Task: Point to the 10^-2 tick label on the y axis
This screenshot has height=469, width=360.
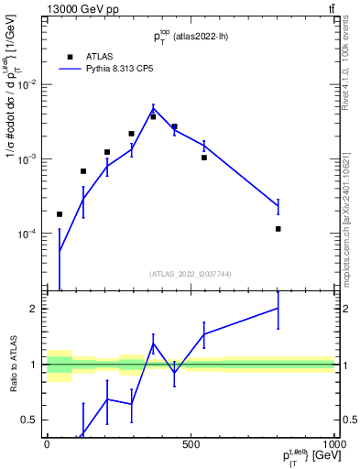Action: [x=27, y=84]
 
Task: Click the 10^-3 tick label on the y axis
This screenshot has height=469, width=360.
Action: [x=27, y=158]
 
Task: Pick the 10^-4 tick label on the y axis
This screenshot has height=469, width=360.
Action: [x=27, y=234]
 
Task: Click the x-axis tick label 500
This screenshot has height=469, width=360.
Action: [x=191, y=444]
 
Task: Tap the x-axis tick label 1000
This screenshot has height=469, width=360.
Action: [x=332, y=444]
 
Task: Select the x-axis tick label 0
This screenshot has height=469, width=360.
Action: [x=46, y=444]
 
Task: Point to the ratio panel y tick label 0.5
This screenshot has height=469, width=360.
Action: [x=30, y=420]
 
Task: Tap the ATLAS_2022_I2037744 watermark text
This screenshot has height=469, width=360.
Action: [x=189, y=274]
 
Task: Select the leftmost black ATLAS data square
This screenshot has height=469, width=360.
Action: [x=60, y=214]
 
